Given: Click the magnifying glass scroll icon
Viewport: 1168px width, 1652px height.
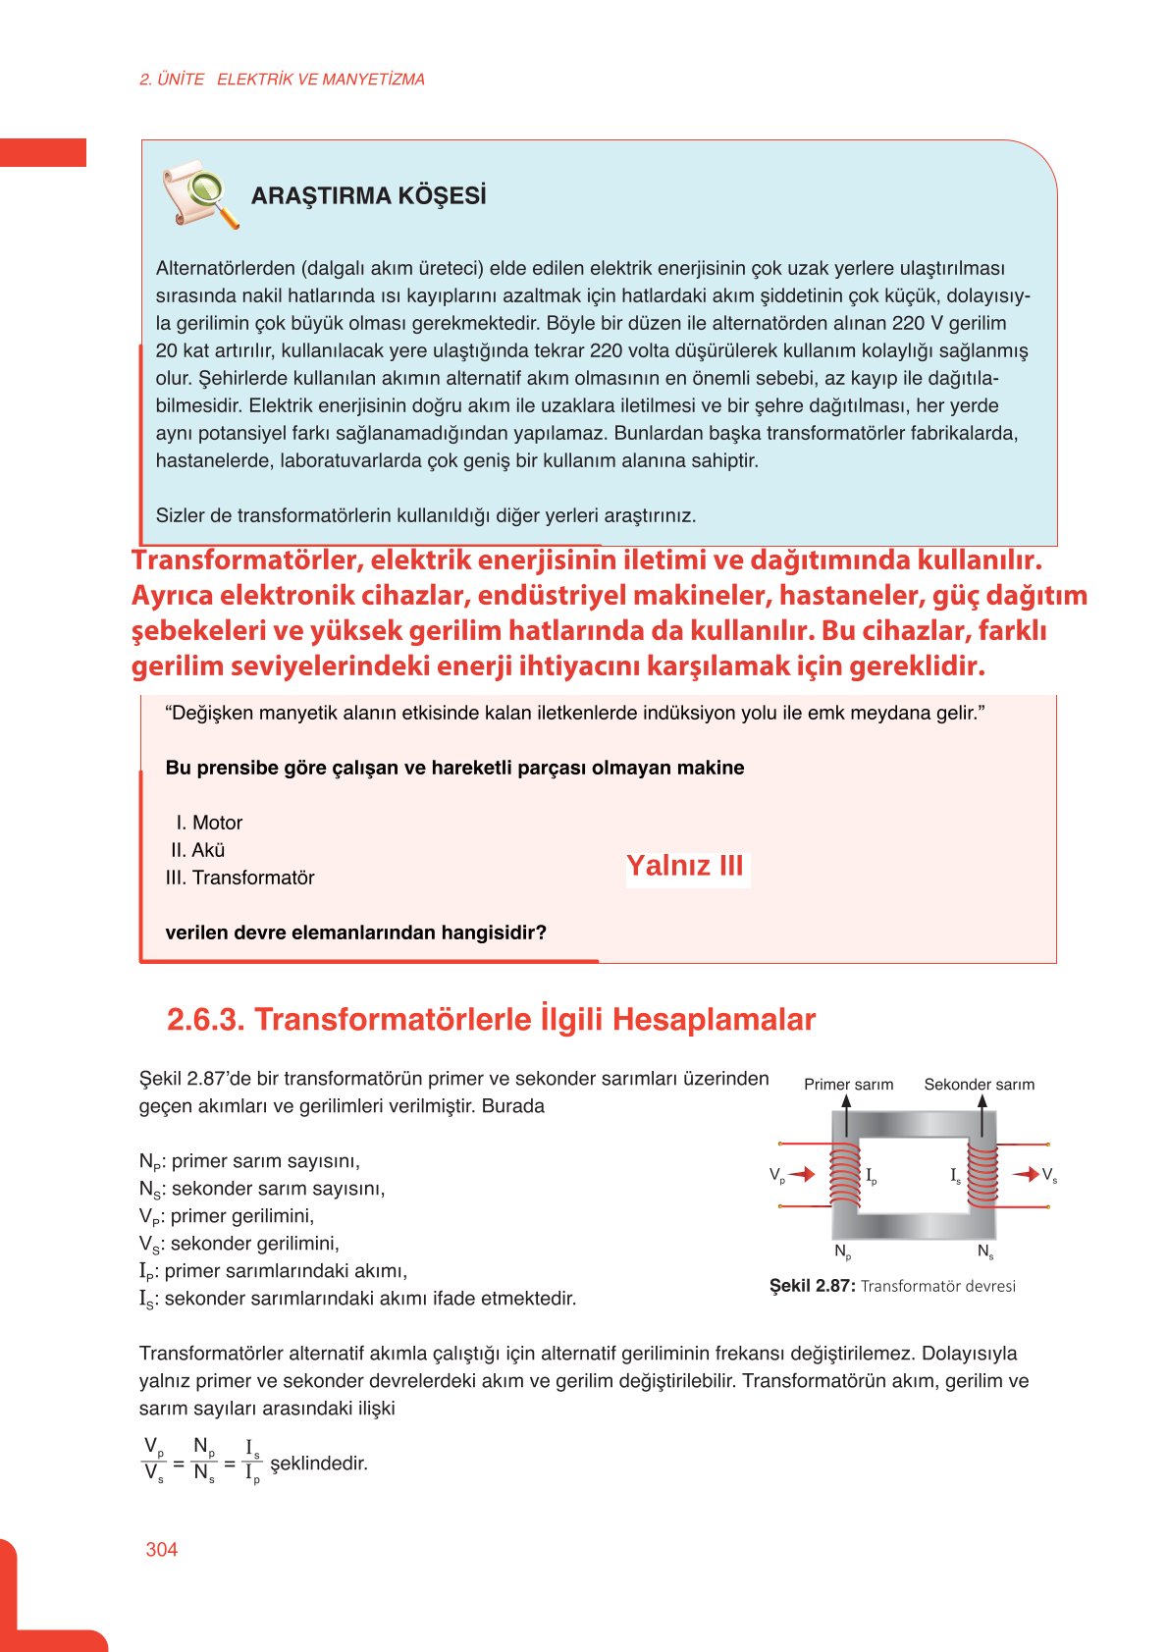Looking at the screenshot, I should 200,194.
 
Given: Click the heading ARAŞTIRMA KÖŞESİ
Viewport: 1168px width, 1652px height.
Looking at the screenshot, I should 368,195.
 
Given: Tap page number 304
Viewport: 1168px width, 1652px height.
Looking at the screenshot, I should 161,1549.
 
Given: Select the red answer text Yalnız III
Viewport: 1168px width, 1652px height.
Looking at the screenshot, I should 685,866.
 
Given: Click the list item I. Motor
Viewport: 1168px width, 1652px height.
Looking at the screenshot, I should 209,823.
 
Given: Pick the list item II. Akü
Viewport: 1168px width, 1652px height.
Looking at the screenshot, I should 198,850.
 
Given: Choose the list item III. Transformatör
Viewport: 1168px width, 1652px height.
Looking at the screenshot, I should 240,878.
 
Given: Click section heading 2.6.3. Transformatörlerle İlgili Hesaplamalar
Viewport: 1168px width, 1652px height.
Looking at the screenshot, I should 491,1019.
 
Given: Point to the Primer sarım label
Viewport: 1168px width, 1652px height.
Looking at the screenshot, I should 848,1084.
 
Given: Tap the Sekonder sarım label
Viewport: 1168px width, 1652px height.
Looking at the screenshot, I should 979,1084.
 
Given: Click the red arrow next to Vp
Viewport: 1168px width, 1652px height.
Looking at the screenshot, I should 802,1174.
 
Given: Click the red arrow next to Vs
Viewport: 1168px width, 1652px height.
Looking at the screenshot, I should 1026,1174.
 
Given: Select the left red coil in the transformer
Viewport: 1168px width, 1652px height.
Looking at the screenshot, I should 845,1174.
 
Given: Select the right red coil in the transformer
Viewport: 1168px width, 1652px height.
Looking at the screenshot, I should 982,1174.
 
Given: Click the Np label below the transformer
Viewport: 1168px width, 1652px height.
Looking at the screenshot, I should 842,1252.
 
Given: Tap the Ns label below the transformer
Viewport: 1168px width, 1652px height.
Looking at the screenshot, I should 985,1252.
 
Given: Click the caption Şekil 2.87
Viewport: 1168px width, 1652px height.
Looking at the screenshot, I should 812,1286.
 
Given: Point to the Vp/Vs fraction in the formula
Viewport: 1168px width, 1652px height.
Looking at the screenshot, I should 154,1461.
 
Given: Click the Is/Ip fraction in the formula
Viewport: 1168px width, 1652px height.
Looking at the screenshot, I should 252,1461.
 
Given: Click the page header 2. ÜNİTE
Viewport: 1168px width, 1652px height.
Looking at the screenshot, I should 172,80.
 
